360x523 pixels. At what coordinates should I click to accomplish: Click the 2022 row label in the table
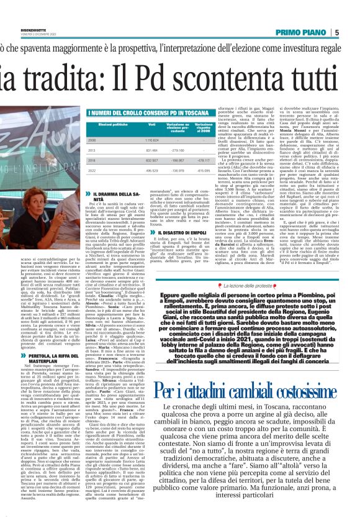[x=91, y=169]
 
